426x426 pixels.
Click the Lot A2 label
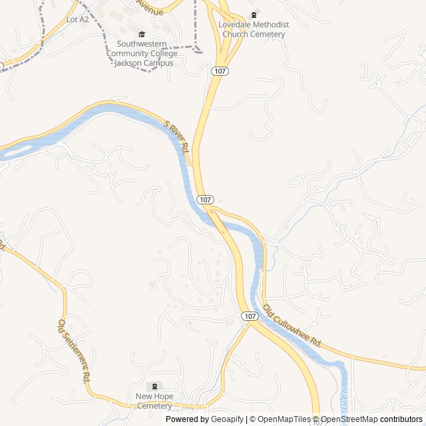77,19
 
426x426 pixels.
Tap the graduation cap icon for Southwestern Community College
141,35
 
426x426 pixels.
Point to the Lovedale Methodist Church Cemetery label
254,29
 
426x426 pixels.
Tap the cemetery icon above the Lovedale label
253,15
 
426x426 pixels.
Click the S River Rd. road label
178,135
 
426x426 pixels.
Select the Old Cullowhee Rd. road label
292,327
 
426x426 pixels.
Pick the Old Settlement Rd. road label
73,350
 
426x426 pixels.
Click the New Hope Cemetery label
154,401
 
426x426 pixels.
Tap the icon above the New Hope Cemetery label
155,387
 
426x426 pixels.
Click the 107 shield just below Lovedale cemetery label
220,70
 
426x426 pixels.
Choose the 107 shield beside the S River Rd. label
205,200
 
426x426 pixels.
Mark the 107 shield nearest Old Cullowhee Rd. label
250,316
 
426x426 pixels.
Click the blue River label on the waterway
344,399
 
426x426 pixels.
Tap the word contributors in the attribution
401,419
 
